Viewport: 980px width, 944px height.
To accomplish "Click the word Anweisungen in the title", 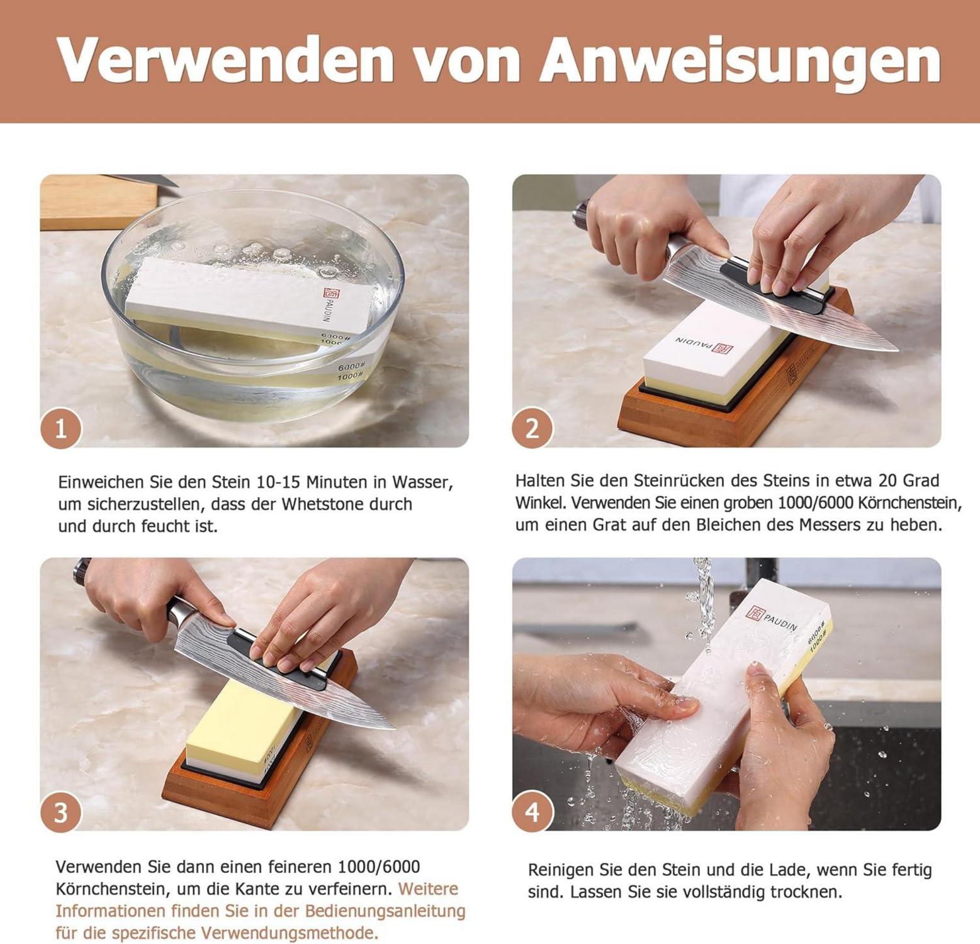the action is click(740, 60).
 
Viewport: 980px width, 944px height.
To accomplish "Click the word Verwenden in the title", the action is click(225, 60).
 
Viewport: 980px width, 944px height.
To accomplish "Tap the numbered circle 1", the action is click(61, 428).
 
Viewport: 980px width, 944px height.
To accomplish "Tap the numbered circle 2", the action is click(532, 428).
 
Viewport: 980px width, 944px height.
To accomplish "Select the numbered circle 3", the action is click(61, 812).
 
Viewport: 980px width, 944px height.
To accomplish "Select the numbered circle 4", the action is click(532, 812).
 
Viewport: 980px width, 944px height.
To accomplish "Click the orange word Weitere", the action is click(428, 889).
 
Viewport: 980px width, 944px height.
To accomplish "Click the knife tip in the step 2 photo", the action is click(896, 349).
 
